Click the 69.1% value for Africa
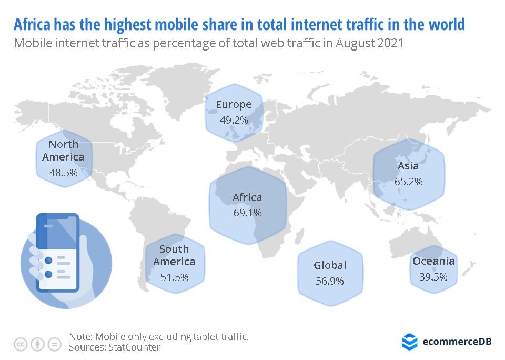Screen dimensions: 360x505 [247, 213]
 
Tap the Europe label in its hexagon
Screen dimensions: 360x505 [234, 104]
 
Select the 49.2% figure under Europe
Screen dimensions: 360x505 [234, 120]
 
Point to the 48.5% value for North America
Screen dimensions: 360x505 [63, 172]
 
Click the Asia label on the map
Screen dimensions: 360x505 [408, 166]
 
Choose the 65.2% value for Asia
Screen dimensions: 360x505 [408, 182]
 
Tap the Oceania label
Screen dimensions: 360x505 [433, 262]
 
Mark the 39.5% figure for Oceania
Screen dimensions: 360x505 [433, 277]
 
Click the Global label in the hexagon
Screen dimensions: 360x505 [330, 265]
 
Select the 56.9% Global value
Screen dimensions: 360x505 [330, 281]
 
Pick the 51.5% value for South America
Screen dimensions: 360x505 [175, 277]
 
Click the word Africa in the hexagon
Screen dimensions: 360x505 [247, 197]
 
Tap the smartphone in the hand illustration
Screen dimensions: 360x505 [57, 253]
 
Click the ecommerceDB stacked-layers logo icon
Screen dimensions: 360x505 [409, 342]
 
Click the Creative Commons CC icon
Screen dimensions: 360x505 [21, 344]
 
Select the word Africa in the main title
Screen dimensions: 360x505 [35, 24]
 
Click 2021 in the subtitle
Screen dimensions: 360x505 [390, 43]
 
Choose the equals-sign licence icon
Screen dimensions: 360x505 [54, 344]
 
